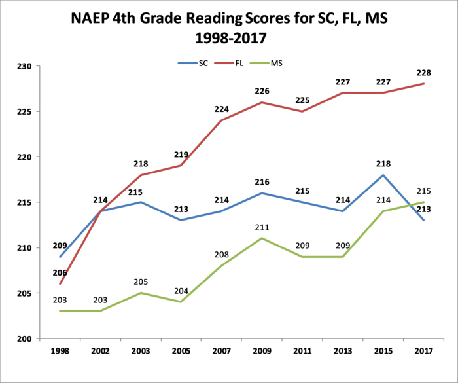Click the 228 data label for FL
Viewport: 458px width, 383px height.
pos(423,73)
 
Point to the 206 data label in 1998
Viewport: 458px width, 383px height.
pos(60,272)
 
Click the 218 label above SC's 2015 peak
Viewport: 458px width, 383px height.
pos(383,164)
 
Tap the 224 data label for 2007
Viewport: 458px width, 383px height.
pos(221,109)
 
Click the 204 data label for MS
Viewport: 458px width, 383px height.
pos(181,291)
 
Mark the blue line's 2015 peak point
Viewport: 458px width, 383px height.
pos(383,175)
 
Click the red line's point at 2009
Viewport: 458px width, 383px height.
pos(262,102)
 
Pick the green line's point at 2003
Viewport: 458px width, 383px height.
pos(141,293)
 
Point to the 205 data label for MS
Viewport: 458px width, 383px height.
pos(141,282)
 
